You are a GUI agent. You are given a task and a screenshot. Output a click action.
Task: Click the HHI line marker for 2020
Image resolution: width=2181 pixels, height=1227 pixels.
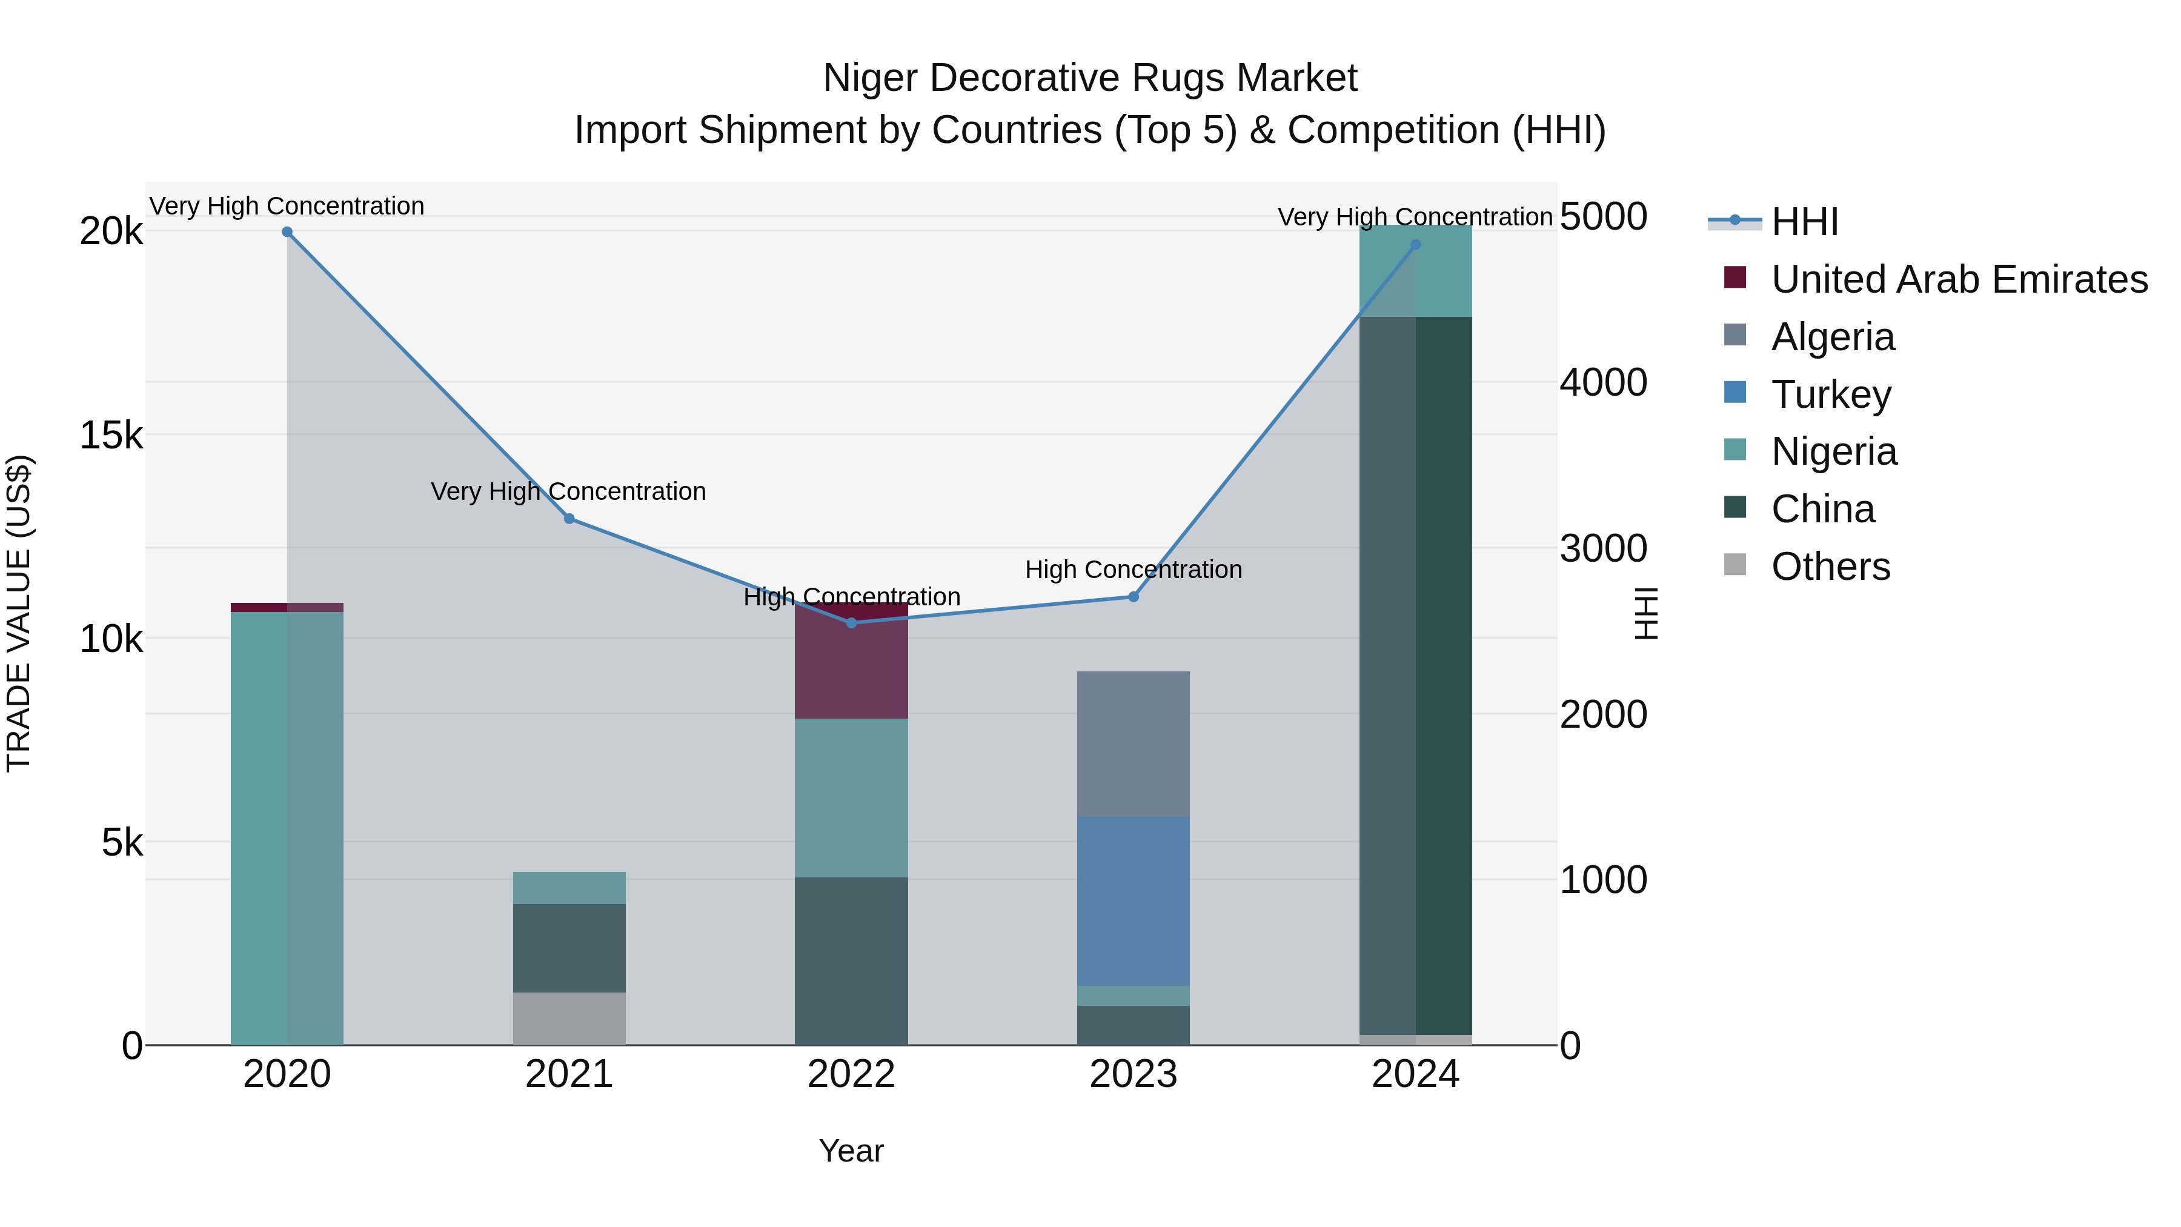click(287, 232)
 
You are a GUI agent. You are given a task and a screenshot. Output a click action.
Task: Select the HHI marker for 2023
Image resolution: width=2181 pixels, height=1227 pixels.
click(1134, 597)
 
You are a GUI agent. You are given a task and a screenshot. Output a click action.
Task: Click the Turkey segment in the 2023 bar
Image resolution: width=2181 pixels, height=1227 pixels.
click(1133, 901)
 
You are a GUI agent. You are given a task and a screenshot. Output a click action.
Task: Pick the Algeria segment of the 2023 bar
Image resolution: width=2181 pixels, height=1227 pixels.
click(1133, 743)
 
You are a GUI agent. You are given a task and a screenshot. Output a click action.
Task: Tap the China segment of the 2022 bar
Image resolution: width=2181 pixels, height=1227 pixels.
click(851, 961)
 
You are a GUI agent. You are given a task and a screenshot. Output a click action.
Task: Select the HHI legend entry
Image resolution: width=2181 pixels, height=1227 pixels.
click(1804, 222)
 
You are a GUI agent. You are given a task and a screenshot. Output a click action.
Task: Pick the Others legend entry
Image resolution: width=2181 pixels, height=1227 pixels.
click(1830, 567)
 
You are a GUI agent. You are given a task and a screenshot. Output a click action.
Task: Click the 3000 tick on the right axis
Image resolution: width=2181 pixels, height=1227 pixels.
click(1602, 549)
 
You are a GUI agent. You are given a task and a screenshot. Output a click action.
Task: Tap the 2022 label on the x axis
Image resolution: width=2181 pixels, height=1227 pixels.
click(851, 1074)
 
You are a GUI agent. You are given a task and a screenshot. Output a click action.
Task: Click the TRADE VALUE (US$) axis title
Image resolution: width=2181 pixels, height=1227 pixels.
click(19, 614)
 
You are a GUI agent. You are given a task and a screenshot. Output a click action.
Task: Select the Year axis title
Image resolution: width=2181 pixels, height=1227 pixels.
click(851, 1151)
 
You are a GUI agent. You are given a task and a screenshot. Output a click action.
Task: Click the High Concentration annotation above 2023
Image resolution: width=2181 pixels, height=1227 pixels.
click(1133, 570)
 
